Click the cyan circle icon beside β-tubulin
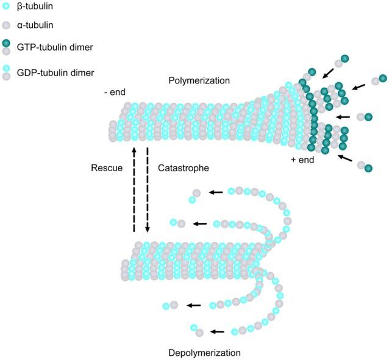point(6,7)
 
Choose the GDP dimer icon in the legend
point(6,72)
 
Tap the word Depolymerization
point(204,353)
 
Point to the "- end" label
point(115,93)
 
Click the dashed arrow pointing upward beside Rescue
point(134,189)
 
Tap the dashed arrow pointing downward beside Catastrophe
point(147,189)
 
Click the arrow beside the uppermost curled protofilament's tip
point(216,192)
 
